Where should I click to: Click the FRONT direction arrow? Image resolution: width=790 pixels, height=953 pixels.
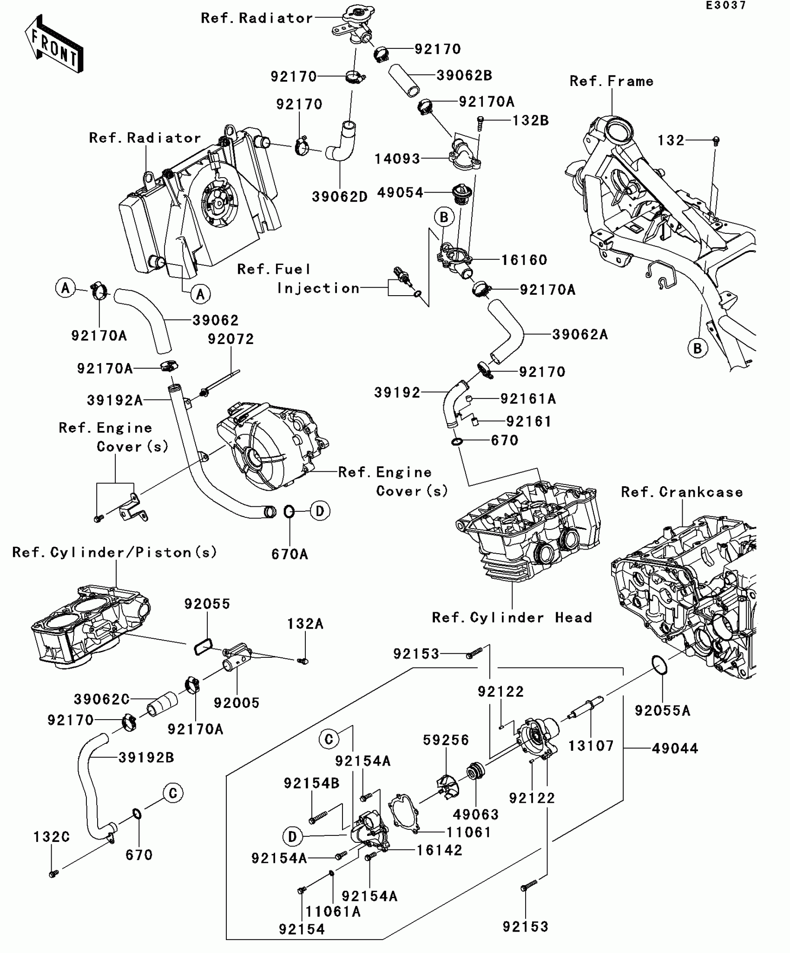pyautogui.click(x=54, y=44)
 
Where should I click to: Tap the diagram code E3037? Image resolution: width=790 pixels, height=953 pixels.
pyautogui.click(x=726, y=6)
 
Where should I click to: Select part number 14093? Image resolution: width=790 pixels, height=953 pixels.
pyautogui.click(x=397, y=159)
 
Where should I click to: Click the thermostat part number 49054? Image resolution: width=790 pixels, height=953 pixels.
pyautogui.click(x=400, y=192)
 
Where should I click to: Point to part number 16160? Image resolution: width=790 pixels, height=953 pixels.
pyautogui.click(x=524, y=260)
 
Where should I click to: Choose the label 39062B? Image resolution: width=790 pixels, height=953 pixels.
pyautogui.click(x=464, y=75)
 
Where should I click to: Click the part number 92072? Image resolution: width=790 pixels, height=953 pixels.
pyautogui.click(x=231, y=339)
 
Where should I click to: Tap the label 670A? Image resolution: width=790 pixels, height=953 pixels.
pyautogui.click(x=290, y=554)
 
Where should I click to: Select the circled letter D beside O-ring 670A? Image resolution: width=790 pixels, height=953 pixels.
pyautogui.click(x=320, y=511)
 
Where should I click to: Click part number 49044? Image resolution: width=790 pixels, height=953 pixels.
pyautogui.click(x=675, y=748)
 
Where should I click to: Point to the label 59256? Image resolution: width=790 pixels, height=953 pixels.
pyautogui.click(x=446, y=740)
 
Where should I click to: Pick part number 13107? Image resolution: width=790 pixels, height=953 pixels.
pyautogui.click(x=591, y=746)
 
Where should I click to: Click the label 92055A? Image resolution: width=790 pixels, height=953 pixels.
pyautogui.click(x=663, y=710)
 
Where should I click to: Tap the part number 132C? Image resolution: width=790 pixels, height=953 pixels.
pyautogui.click(x=52, y=837)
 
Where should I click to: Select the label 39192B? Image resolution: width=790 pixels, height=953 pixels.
pyautogui.click(x=146, y=757)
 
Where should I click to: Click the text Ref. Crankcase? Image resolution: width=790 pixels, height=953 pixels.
pyautogui.click(x=682, y=492)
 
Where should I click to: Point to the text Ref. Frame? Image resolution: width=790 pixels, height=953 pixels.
pyautogui.click(x=612, y=81)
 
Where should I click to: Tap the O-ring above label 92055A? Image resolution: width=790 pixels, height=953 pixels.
pyautogui.click(x=659, y=665)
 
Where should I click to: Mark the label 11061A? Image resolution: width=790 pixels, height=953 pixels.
pyautogui.click(x=333, y=912)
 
